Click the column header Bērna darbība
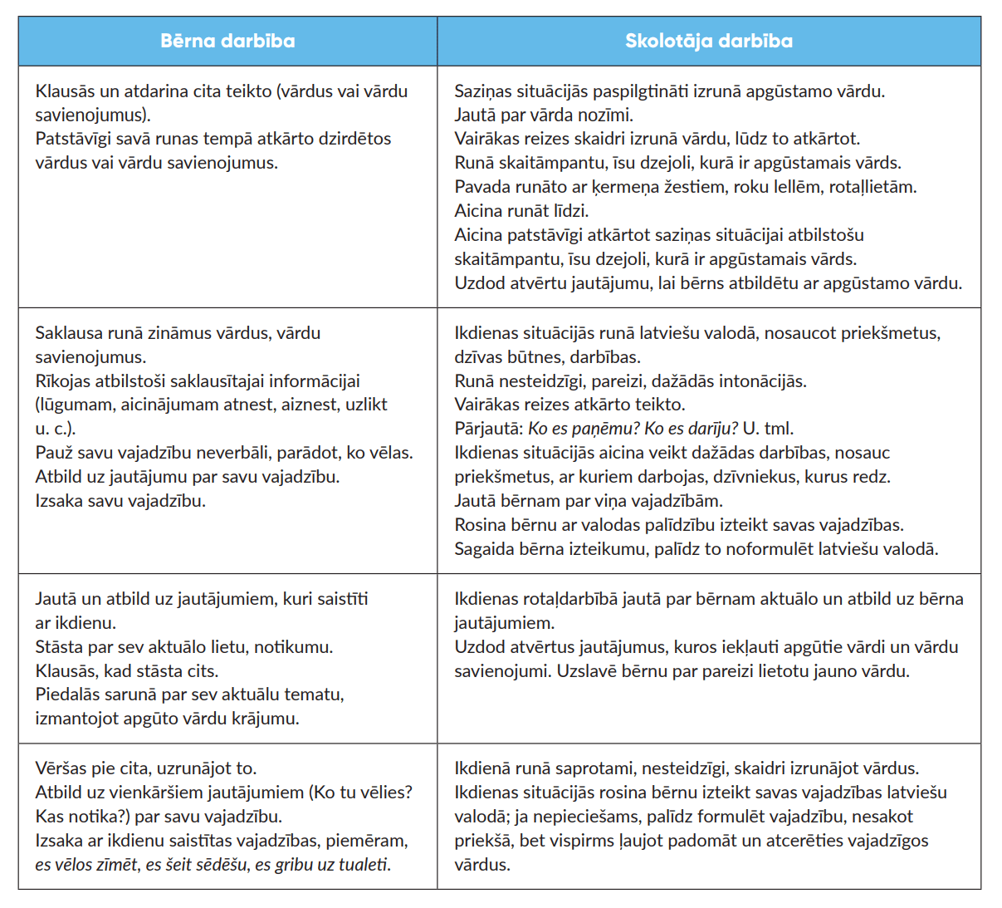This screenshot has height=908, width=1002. coord(227,41)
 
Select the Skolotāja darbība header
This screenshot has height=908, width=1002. coord(708,41)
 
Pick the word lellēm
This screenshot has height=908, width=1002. coord(797,187)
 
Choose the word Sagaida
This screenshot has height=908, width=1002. coord(485,549)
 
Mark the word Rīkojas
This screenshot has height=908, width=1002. coord(66,381)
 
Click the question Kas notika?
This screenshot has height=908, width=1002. coord(76,817)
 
